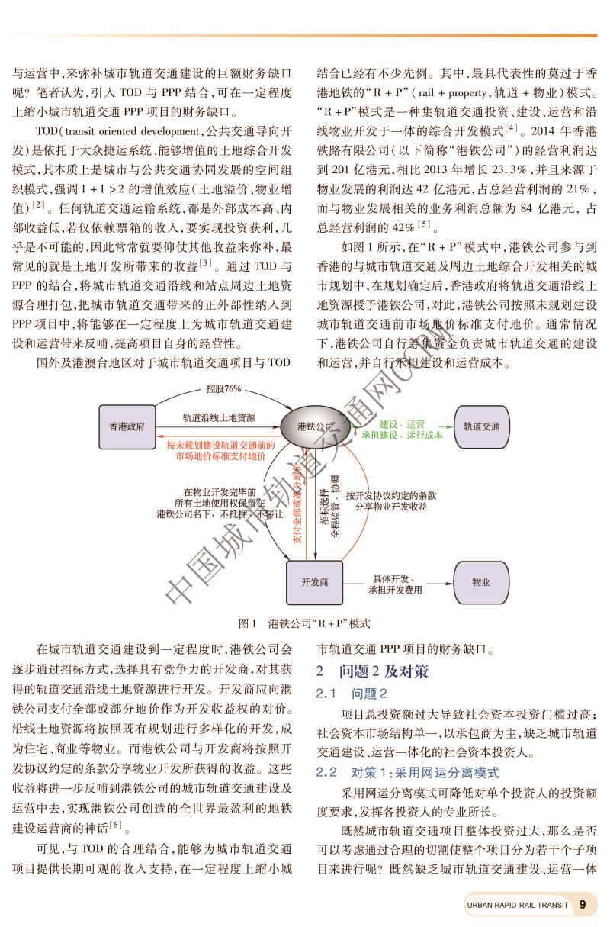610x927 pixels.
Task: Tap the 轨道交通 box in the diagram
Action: click(481, 426)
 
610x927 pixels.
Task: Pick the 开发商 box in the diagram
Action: click(314, 582)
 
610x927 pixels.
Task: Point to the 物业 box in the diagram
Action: click(481, 582)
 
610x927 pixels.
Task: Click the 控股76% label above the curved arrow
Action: click(224, 388)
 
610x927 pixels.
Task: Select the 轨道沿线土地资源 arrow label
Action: click(219, 418)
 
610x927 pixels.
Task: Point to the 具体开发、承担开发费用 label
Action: click(395, 584)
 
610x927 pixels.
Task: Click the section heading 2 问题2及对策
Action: click(373, 671)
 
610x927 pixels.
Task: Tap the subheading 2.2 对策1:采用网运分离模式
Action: click(408, 772)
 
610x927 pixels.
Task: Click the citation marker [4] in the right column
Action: click(511, 124)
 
